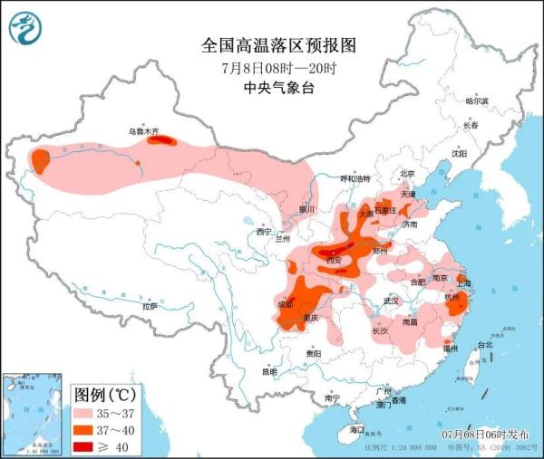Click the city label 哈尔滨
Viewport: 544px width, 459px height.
tap(476, 100)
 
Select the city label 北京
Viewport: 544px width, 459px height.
tap(407, 173)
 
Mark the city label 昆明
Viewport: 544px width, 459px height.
tap(269, 371)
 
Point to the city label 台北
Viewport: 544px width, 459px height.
tap(485, 344)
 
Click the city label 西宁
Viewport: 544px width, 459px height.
tap(263, 233)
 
